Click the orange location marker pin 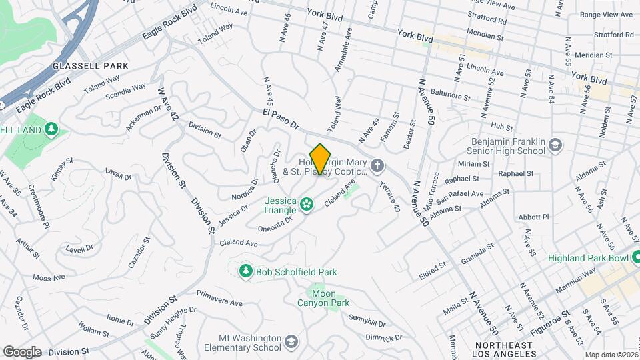coord(321,159)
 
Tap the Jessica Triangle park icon coord(307,205)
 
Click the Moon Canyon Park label coord(323,298)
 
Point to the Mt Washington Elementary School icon coord(291,342)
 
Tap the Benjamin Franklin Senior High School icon coord(555,145)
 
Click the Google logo coord(22,351)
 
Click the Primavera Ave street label coord(220,299)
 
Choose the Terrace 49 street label coord(390,197)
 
